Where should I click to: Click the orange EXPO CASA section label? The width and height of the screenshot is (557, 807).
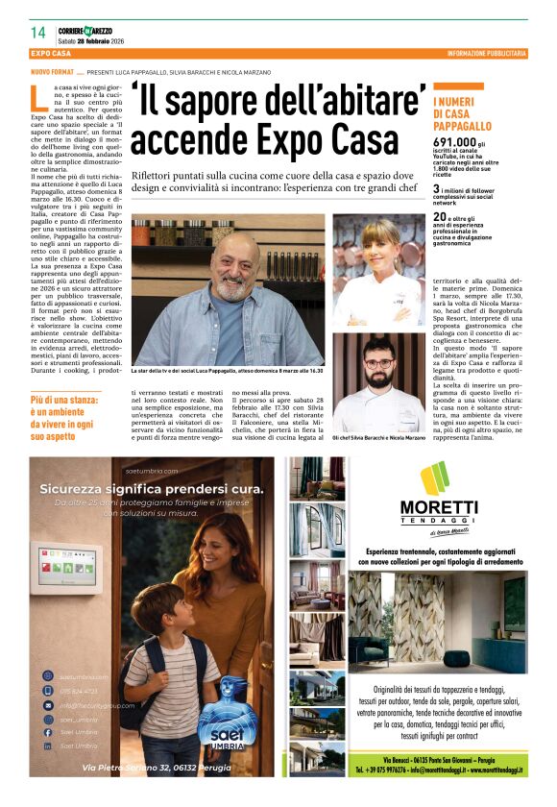[x=53, y=54]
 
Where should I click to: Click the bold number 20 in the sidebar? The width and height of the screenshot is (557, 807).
[x=439, y=217]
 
